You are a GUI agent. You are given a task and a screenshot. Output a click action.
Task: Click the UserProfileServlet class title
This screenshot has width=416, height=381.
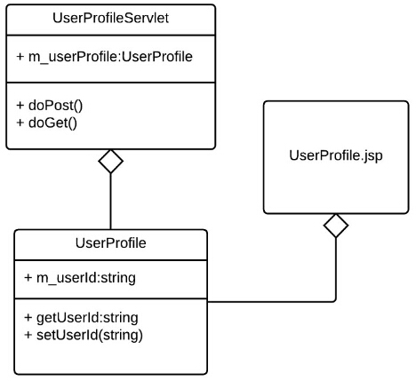(x=110, y=19)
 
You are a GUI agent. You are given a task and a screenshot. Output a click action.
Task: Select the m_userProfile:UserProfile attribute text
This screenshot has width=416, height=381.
(x=110, y=57)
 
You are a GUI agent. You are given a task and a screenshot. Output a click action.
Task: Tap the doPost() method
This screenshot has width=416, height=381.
(x=55, y=106)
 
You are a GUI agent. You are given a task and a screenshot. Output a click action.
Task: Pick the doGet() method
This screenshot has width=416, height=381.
(x=52, y=123)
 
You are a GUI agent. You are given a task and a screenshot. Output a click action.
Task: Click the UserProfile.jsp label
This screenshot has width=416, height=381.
(x=336, y=155)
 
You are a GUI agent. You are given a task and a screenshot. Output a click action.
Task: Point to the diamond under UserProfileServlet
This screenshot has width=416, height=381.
(x=110, y=162)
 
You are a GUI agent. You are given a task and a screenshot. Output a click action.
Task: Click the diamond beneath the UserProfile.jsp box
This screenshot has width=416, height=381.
(x=336, y=226)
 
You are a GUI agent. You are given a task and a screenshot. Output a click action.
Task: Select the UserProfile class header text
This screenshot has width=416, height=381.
(x=110, y=243)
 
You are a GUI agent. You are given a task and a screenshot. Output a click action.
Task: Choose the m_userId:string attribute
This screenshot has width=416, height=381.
(x=86, y=278)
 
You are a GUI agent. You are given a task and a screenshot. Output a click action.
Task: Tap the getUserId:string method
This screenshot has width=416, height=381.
(x=87, y=318)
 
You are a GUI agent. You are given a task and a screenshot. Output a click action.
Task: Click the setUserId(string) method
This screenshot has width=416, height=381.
(x=90, y=335)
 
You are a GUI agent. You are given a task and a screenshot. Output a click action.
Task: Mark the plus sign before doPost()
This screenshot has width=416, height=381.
(x=20, y=106)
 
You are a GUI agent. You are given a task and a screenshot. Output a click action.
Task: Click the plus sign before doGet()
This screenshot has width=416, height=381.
(x=20, y=123)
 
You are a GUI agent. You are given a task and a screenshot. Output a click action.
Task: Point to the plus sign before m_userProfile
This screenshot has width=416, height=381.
(x=20, y=57)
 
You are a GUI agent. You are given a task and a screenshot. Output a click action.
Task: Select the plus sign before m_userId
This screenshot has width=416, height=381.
(x=28, y=278)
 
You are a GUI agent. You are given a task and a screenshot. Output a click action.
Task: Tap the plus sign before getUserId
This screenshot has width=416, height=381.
(x=28, y=318)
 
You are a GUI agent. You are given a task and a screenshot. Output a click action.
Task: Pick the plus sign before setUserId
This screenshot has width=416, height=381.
(x=28, y=335)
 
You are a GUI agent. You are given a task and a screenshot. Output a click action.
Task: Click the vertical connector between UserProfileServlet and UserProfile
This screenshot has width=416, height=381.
(x=110, y=202)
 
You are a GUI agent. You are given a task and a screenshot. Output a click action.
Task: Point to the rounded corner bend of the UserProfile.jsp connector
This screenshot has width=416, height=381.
(x=335, y=301)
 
